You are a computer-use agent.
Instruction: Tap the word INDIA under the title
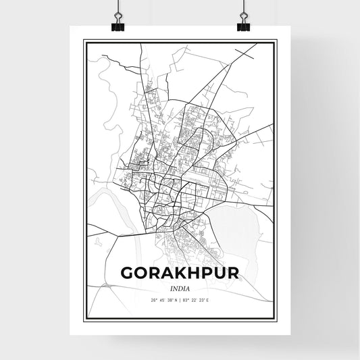[180, 287]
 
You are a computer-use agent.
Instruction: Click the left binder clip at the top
[117, 22]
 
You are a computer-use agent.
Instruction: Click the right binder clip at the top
[243, 22]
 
